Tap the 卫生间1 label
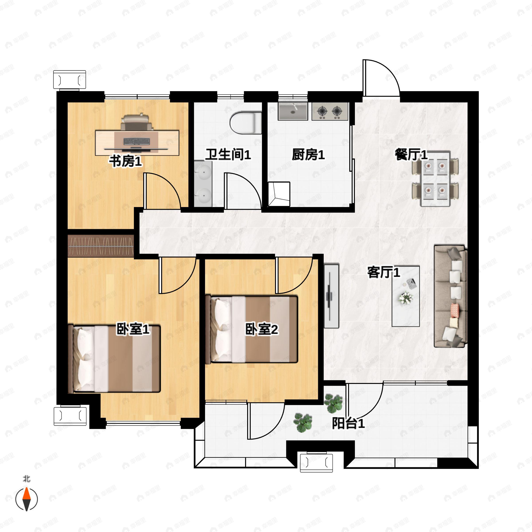point(228,155)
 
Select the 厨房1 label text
point(308,155)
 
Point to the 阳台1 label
point(348,423)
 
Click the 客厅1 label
point(383,272)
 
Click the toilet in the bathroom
point(246,123)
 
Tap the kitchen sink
point(293,111)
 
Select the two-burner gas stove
point(330,111)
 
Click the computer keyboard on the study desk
point(137,142)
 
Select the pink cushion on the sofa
point(455,310)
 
